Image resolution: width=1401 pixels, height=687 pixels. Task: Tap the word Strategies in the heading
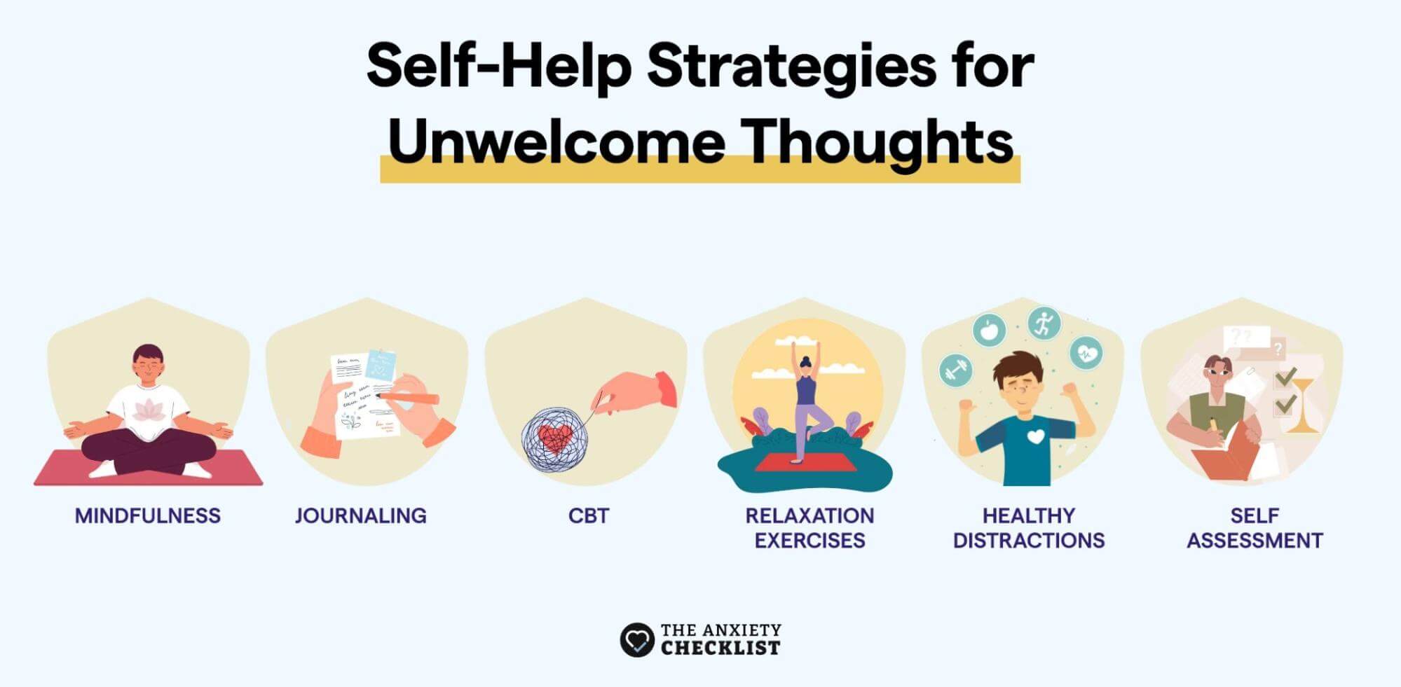(790, 65)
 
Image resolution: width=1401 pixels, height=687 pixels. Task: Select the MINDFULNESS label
(148, 516)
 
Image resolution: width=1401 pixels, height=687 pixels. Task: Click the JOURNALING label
(360, 516)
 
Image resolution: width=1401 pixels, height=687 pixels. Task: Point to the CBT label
(589, 516)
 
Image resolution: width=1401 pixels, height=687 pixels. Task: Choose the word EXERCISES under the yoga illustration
(809, 541)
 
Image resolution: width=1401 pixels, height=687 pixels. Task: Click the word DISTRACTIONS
(1028, 541)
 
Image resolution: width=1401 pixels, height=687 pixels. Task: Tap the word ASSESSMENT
(1255, 541)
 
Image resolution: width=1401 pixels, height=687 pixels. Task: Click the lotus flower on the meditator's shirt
(149, 410)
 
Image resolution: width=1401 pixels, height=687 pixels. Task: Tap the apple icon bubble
(990, 329)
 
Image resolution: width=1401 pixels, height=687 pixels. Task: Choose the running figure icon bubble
(1044, 324)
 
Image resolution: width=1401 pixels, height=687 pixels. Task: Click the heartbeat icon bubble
(1086, 354)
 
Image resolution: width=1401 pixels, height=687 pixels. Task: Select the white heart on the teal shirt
(1036, 437)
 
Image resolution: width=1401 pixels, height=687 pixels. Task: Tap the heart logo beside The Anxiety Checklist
(636, 639)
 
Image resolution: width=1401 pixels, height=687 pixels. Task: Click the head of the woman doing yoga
(806, 364)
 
